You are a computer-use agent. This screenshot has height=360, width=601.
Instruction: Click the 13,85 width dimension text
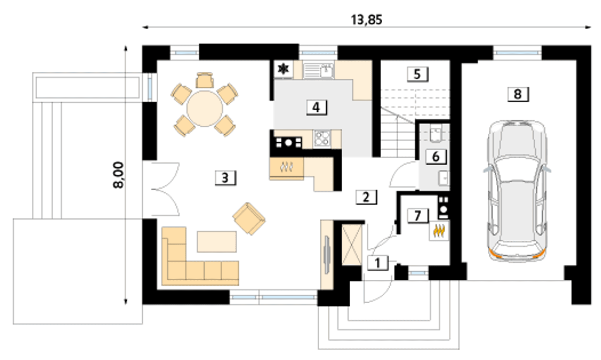(x=367, y=20)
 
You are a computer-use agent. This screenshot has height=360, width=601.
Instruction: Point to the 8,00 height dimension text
(x=118, y=175)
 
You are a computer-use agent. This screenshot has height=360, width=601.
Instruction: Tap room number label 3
(x=225, y=178)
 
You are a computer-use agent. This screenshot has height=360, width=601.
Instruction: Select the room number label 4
(x=316, y=107)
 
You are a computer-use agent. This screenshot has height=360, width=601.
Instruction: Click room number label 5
(x=417, y=74)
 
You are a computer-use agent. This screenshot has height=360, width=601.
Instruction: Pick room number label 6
(x=436, y=157)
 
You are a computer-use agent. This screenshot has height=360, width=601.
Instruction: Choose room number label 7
(x=418, y=216)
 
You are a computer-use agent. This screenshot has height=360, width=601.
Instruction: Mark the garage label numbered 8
(x=518, y=94)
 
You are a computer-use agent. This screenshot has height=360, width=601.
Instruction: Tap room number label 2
(x=366, y=197)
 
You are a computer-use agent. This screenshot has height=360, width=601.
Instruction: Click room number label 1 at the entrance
(x=378, y=263)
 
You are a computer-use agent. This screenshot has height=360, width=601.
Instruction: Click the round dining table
(x=205, y=108)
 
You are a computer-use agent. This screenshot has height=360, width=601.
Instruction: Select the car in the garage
(x=517, y=191)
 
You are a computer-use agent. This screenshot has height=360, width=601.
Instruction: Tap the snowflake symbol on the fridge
(x=284, y=69)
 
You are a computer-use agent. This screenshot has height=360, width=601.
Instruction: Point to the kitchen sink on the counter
(x=318, y=70)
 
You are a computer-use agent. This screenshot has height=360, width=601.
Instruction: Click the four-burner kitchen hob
(x=322, y=138)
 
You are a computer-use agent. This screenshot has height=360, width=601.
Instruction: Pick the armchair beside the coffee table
(x=249, y=219)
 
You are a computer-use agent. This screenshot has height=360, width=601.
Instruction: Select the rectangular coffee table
(x=217, y=242)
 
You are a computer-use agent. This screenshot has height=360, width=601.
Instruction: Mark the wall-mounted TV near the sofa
(x=326, y=254)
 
